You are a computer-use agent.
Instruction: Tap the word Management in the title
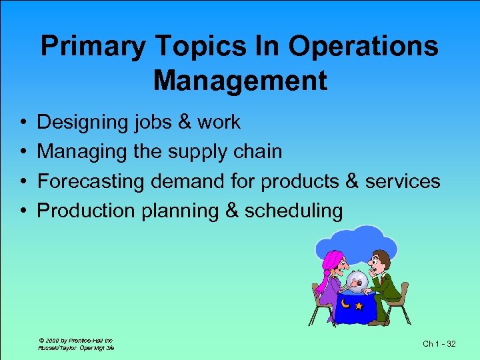pyautogui.click(x=240, y=81)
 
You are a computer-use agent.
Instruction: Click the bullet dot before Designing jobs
pyautogui.click(x=23, y=123)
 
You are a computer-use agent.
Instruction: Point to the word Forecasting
pyautogui.click(x=92, y=181)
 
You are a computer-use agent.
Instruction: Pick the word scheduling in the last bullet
pyautogui.click(x=293, y=211)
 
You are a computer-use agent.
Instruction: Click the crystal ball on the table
pyautogui.click(x=358, y=281)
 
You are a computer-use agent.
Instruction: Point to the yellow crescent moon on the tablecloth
pyautogui.click(x=346, y=304)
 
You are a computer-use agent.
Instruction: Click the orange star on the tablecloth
pyautogui.click(x=359, y=306)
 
